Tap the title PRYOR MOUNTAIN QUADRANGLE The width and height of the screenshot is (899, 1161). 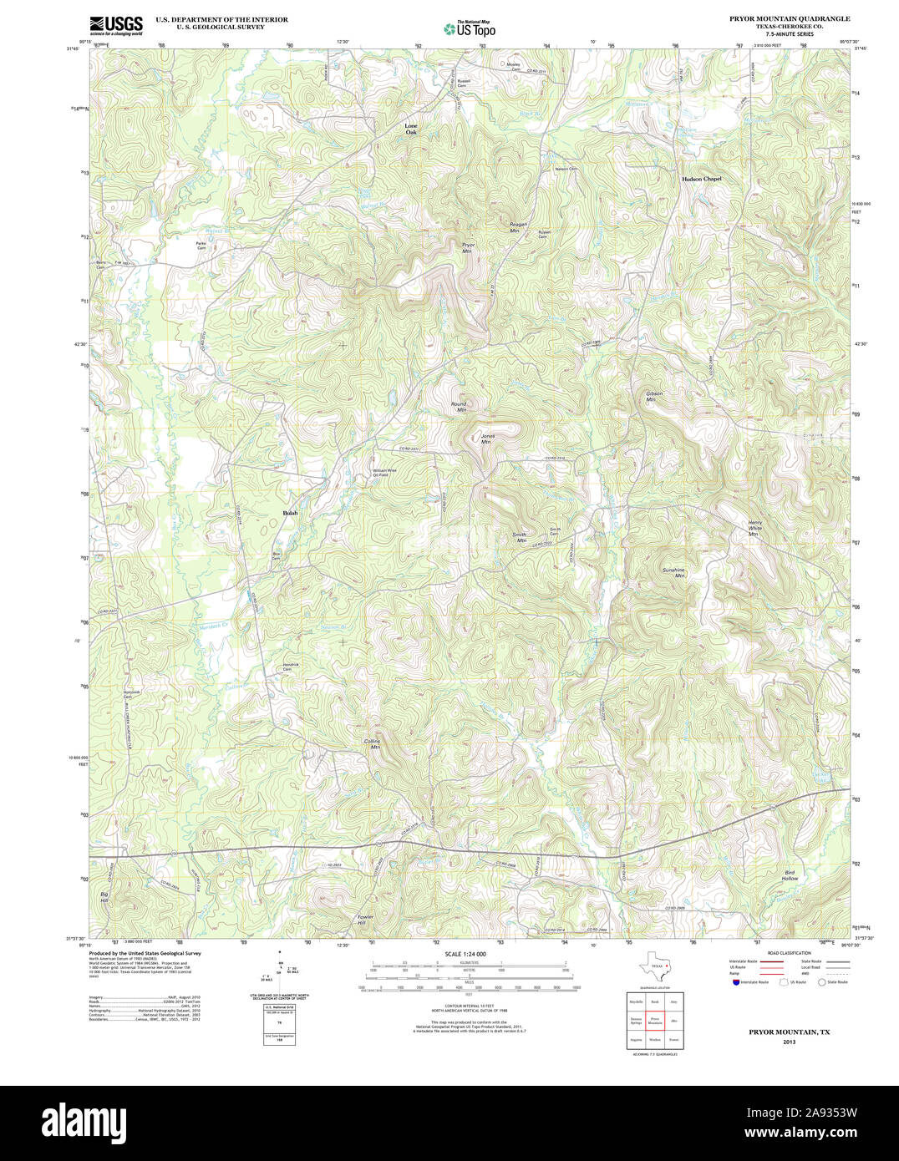pyautogui.click(x=778, y=18)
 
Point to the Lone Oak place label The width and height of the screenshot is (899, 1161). pyautogui.click(x=411, y=129)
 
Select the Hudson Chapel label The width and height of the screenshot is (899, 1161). pyautogui.click(x=700, y=179)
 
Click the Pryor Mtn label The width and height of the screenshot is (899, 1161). pyautogui.click(x=468, y=246)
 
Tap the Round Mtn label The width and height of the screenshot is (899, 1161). pyautogui.click(x=459, y=407)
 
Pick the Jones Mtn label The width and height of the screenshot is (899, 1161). pyautogui.click(x=487, y=439)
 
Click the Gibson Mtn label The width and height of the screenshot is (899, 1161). pyautogui.click(x=653, y=396)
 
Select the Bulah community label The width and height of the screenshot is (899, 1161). pyautogui.click(x=290, y=512)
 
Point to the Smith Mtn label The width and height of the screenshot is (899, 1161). pyautogui.click(x=521, y=538)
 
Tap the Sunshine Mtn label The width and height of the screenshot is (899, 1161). pyautogui.click(x=673, y=572)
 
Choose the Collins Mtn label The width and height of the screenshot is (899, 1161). pyautogui.click(x=373, y=744)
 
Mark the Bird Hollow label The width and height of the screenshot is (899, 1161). pyautogui.click(x=790, y=875)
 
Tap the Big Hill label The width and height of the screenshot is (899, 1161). pyautogui.click(x=104, y=897)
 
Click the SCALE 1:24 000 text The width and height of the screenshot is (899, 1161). pyautogui.click(x=465, y=953)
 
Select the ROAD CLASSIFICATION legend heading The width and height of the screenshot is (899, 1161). pyautogui.click(x=789, y=953)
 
